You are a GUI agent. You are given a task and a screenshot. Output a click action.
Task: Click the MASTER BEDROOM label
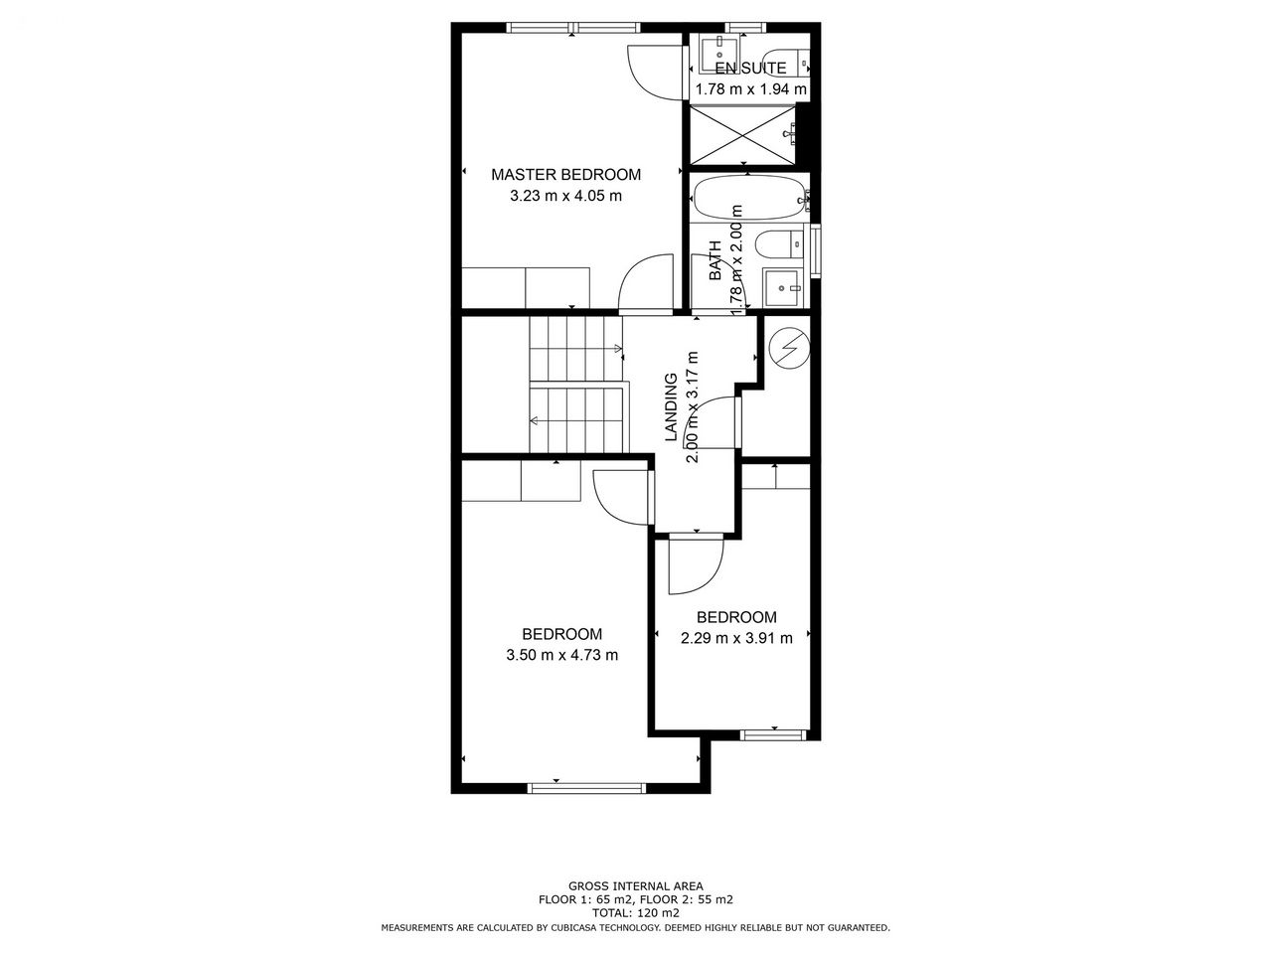point(565,174)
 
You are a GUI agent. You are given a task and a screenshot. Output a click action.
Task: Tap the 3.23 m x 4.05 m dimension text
point(565,196)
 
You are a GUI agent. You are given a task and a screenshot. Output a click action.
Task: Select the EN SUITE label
point(750,69)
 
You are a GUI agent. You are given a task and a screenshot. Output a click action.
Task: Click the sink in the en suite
point(719,54)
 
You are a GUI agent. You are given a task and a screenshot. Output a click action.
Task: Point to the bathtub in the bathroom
point(750,198)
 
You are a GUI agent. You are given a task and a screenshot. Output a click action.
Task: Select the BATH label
point(716,260)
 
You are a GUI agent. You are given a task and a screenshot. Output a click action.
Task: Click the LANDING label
point(671,406)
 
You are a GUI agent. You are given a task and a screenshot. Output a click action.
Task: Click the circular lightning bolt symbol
point(789,349)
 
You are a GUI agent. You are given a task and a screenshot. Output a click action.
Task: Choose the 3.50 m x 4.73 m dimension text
point(561,655)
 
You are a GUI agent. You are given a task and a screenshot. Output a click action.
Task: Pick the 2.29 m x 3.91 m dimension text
point(736,638)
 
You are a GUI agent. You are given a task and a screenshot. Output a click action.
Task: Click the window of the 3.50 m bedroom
point(586,788)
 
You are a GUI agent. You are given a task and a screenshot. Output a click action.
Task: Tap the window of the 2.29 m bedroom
point(773,735)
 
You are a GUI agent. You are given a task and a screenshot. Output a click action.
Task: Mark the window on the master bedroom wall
point(573,27)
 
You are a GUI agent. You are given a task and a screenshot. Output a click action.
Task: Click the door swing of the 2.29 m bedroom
point(696,565)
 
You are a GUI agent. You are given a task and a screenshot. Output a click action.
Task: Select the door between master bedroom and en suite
point(656,73)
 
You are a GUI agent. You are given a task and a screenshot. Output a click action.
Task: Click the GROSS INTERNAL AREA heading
point(635,885)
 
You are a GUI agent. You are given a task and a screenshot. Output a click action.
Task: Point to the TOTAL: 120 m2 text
point(635,913)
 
